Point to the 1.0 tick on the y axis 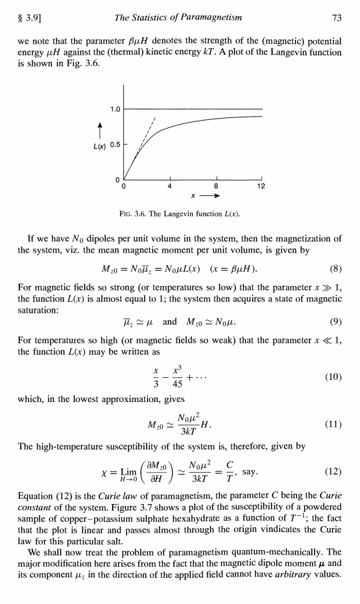point(115,108)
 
